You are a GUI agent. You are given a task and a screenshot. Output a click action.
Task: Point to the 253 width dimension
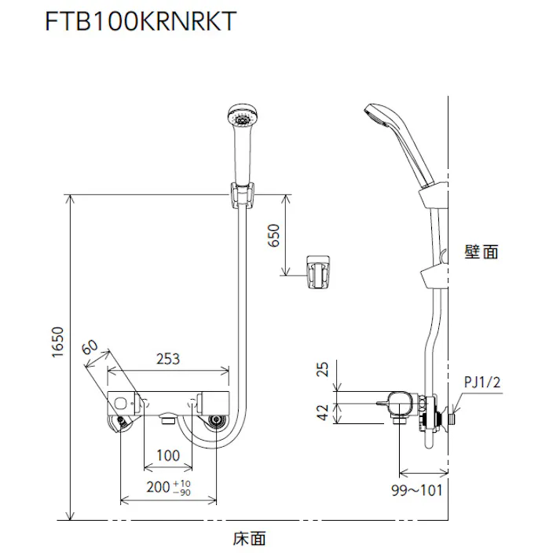[168, 359]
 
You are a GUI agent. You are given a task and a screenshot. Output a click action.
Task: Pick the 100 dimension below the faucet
[168, 456]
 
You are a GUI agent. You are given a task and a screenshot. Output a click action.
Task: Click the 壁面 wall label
[481, 252]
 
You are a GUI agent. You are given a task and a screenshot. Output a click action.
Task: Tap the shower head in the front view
[243, 119]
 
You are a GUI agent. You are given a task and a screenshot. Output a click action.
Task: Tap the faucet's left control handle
[122, 403]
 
